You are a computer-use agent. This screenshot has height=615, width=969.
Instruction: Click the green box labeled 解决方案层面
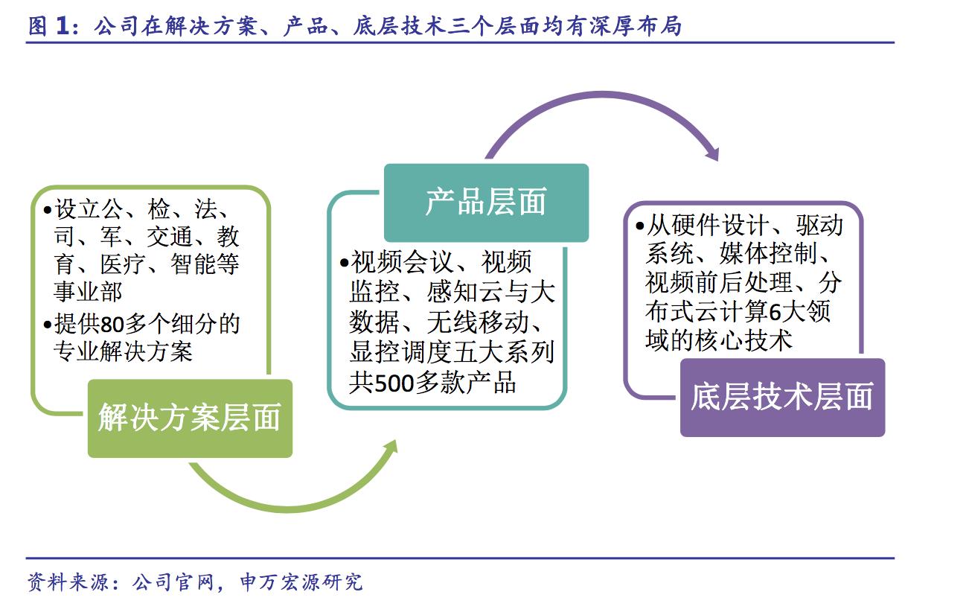(190, 418)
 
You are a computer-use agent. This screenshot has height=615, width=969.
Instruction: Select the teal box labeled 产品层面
(486, 203)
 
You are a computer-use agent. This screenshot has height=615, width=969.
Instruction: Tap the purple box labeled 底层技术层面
(782, 398)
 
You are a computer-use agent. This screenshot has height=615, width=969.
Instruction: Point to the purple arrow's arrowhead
(712, 153)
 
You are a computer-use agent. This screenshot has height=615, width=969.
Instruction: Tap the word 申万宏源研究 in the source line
(301, 582)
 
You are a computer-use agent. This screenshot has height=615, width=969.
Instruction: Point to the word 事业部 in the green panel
(88, 290)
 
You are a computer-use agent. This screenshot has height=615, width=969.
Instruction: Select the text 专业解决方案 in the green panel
(123, 351)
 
